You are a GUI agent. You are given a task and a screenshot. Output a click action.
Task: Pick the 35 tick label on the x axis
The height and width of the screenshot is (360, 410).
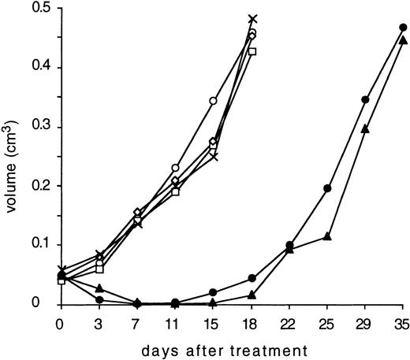coord(403,323)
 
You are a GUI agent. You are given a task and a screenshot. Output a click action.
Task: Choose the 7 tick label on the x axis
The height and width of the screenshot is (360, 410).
coord(137,323)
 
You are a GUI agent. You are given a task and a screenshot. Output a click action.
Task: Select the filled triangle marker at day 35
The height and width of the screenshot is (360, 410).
coord(403,40)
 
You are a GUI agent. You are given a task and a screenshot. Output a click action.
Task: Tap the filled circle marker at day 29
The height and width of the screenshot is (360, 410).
coord(365,100)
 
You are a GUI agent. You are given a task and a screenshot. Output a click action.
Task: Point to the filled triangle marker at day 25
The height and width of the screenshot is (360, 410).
coord(327,236)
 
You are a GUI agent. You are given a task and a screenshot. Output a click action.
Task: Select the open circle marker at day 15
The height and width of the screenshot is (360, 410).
coord(213,101)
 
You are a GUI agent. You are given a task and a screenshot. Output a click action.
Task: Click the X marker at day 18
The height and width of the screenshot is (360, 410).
coord(252,18)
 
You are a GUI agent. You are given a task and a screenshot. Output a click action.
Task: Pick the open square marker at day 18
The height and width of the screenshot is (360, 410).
coord(252,52)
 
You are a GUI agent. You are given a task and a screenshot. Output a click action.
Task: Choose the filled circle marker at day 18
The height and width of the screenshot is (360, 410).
coord(252,278)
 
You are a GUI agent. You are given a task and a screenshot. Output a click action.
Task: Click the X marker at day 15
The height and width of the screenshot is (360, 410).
coord(214,156)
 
